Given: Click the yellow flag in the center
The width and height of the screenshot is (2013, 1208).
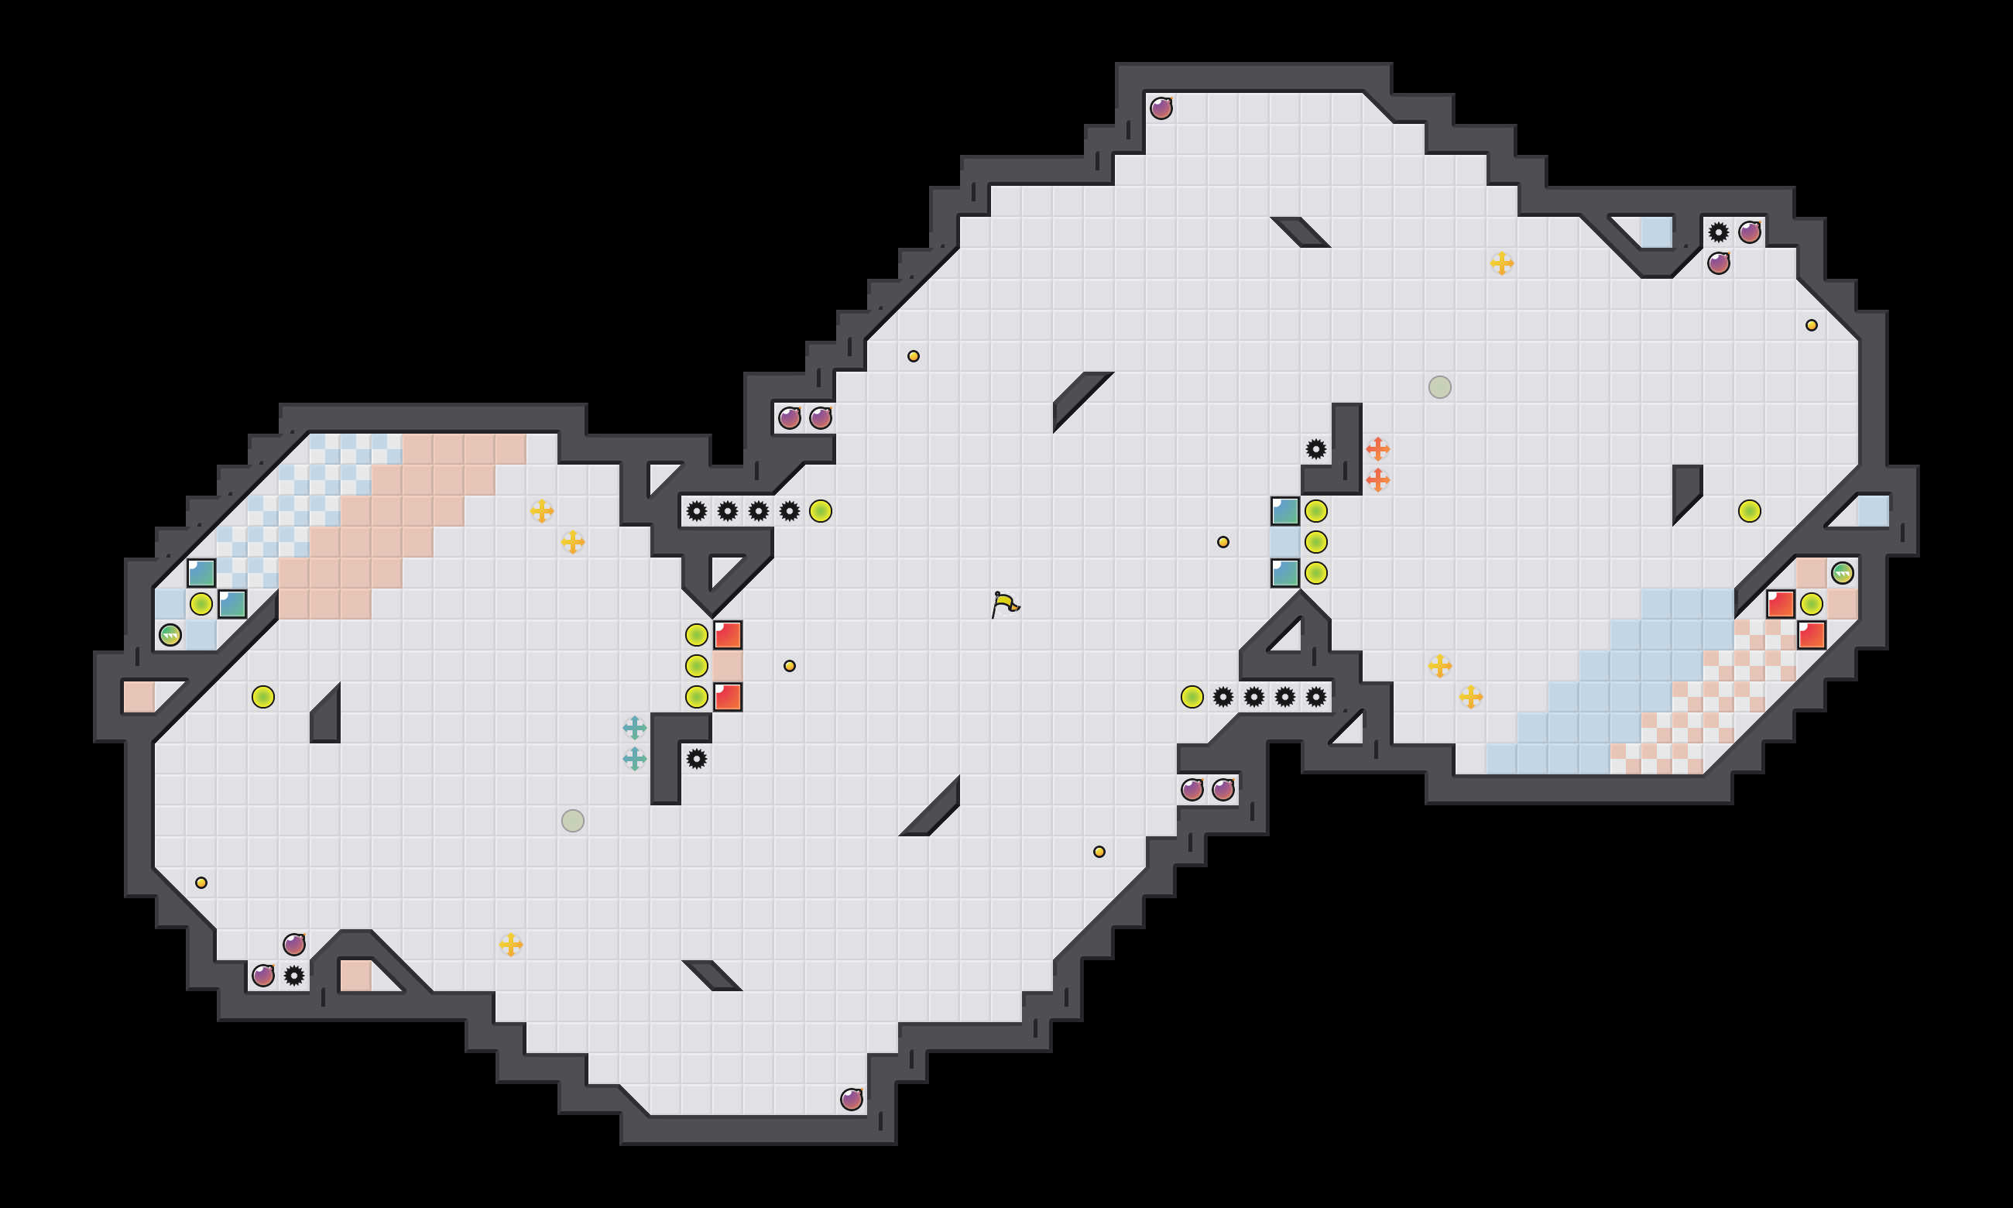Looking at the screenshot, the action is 1005,604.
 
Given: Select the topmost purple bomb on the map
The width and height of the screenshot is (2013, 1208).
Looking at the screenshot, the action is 1161,108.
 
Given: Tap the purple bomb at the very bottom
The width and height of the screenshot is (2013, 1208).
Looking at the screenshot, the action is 851,1100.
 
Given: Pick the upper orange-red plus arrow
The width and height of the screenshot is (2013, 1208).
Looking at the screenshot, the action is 1377,448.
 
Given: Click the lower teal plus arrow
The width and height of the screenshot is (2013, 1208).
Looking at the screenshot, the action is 635,759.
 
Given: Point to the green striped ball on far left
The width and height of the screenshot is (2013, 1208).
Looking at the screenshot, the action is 170,635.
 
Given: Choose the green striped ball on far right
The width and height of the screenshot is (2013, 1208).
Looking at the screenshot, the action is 1842,573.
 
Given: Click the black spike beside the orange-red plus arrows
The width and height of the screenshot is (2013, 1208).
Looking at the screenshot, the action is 1315,448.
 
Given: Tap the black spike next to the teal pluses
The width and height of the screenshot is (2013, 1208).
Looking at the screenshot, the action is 697,759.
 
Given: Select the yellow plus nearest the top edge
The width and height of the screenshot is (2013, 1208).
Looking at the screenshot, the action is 1501,263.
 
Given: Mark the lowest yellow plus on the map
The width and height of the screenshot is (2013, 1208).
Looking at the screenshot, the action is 510,944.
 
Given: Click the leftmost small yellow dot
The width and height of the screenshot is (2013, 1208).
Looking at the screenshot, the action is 201,883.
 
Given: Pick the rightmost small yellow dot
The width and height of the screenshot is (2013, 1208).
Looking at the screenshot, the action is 1811,324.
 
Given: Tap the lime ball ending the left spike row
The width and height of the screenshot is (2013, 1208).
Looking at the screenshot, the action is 820,511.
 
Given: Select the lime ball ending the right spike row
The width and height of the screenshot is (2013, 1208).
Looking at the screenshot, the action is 1192,697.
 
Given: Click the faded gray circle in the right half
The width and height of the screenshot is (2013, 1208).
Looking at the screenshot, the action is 1439,386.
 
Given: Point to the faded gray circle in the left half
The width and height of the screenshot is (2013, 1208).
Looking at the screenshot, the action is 573,821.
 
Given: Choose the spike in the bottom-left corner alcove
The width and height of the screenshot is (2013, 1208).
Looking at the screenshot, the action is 293,975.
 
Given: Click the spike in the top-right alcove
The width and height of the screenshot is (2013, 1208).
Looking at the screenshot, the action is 1719,232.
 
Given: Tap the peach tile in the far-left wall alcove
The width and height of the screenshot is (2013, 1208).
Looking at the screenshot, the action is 139,697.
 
